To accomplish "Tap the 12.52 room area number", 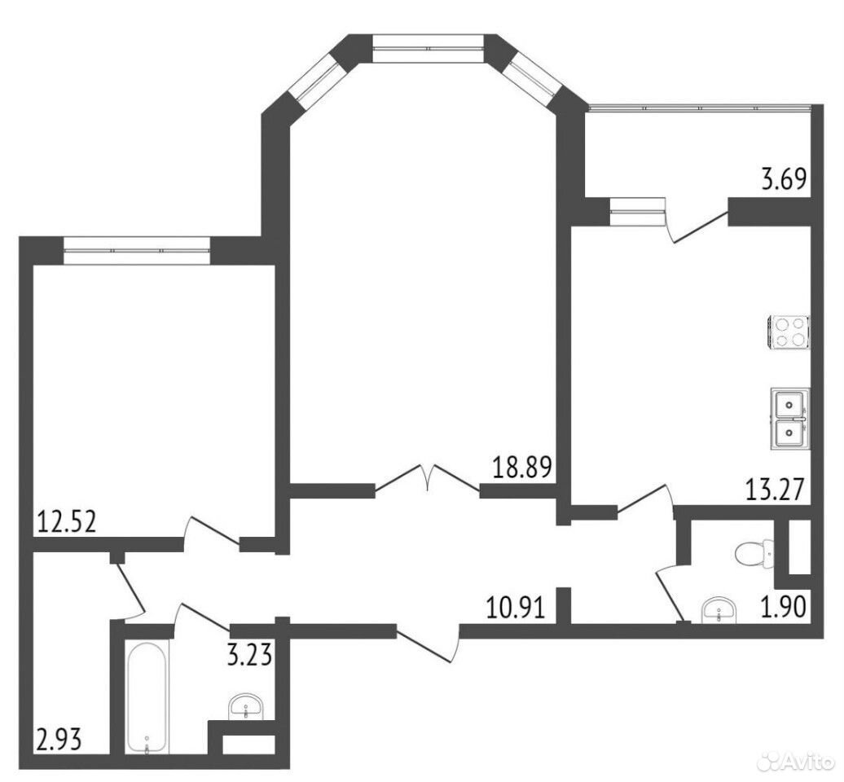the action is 67,521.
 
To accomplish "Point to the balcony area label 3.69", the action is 785,179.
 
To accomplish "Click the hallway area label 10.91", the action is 515,608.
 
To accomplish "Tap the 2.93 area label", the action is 59,740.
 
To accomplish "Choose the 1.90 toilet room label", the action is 783,607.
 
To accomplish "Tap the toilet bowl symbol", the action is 754,553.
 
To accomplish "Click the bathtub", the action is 147,697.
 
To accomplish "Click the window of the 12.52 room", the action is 137,250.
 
